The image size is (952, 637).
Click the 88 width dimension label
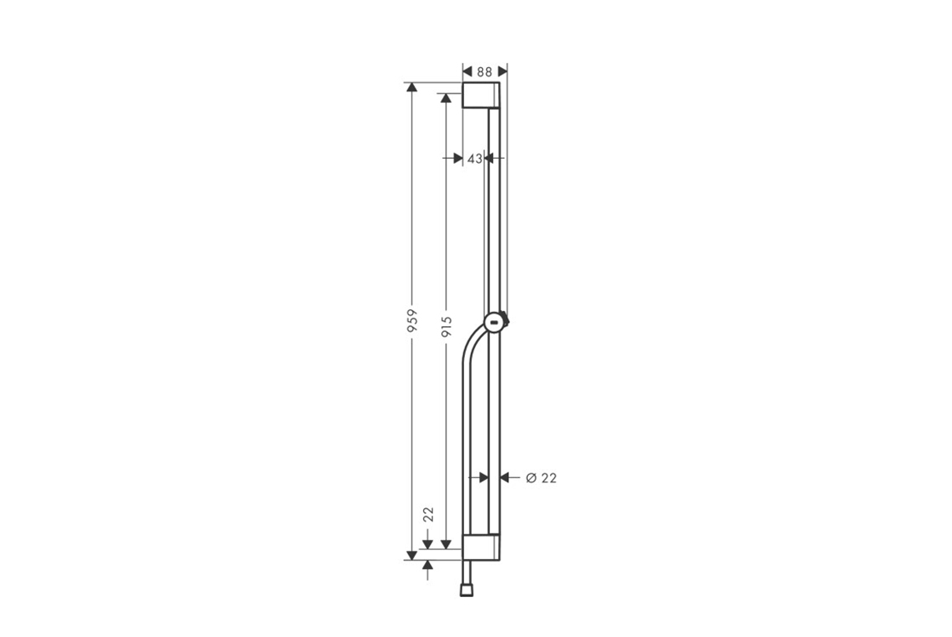tap(484, 71)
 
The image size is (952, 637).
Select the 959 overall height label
tap(412, 321)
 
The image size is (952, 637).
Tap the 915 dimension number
tap(447, 327)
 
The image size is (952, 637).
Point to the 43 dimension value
tap(475, 158)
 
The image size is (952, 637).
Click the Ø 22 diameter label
tap(541, 478)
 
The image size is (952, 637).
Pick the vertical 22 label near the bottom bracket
tap(428, 515)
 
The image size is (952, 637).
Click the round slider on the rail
tap(496, 322)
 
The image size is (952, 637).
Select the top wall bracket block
tap(481, 95)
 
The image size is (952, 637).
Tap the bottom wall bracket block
tap(481, 547)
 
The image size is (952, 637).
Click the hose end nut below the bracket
tap(467, 590)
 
